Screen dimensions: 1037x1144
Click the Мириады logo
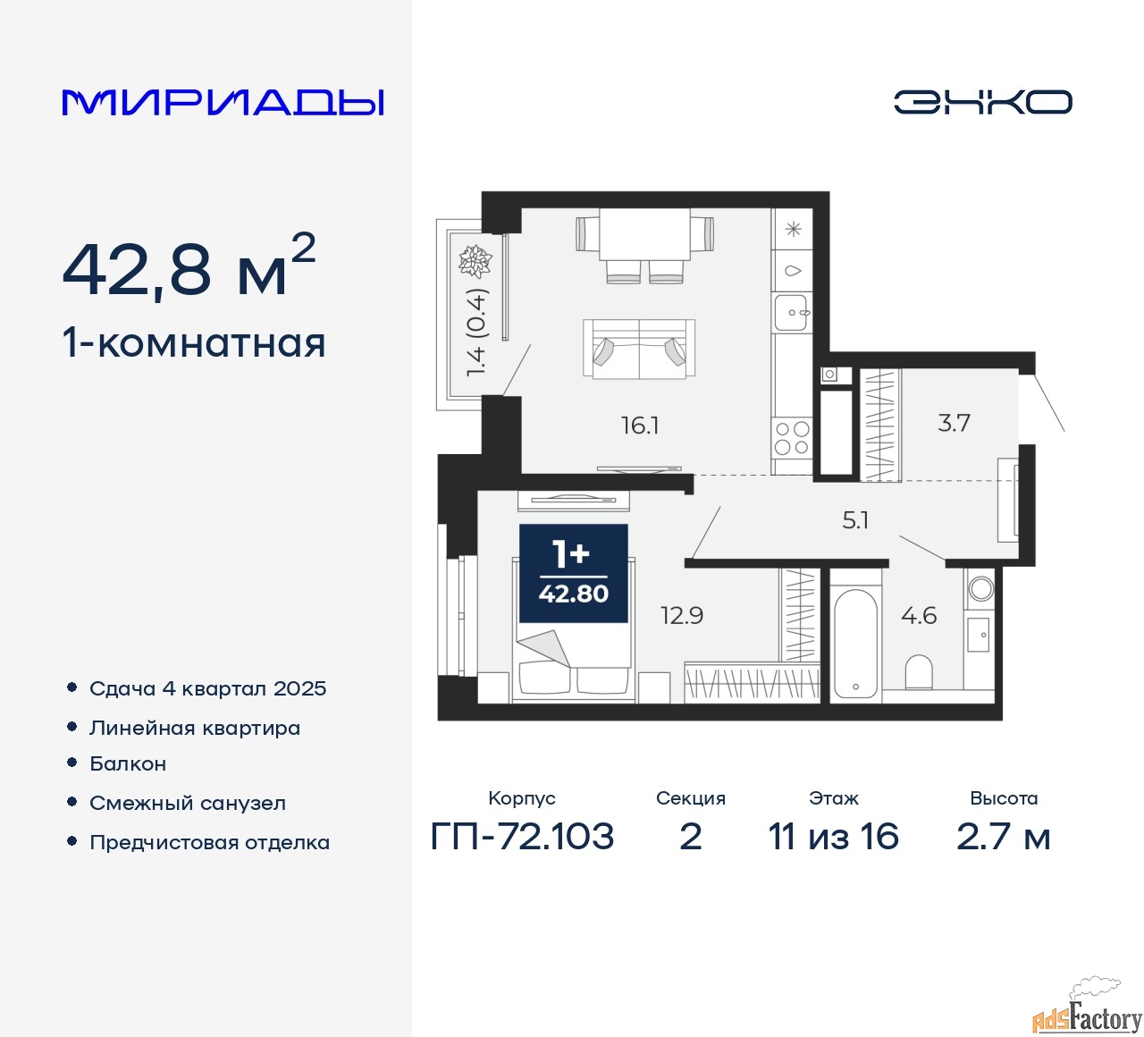[223, 102]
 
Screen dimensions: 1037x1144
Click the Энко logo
[982, 102]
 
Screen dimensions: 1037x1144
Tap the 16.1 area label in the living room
[640, 426]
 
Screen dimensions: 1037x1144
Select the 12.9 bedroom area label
[682, 616]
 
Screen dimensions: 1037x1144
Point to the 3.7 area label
[954, 423]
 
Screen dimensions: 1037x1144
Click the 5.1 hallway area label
[855, 520]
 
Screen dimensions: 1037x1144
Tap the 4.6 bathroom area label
[919, 616]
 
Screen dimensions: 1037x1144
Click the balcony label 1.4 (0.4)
[476, 333]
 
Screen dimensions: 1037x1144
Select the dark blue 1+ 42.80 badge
[574, 574]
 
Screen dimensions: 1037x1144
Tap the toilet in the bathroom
[919, 671]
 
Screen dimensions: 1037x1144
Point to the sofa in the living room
[639, 349]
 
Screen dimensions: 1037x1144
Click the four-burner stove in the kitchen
[792, 438]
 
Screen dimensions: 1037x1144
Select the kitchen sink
[792, 313]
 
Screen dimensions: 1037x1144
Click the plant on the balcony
[475, 261]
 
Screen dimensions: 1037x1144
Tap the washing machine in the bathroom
[980, 588]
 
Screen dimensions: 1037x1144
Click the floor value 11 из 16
[833, 837]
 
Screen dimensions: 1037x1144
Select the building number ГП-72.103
[522, 837]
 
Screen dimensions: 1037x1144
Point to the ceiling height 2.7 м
[1003, 837]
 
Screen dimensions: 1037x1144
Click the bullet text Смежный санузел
[188, 803]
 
